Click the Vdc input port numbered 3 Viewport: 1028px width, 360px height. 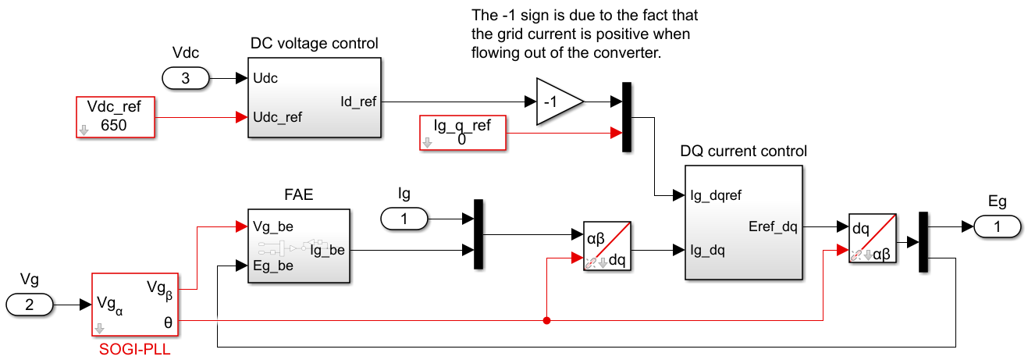tap(185, 78)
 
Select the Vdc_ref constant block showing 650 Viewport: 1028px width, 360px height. tap(116, 118)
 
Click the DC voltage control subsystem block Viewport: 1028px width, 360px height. tap(315, 98)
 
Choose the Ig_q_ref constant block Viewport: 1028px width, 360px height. tap(463, 133)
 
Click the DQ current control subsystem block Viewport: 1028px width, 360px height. tap(742, 223)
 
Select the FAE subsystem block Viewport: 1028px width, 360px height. tap(298, 245)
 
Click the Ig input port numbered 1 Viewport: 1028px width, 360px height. tap(404, 219)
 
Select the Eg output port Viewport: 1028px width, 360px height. tap(997, 226)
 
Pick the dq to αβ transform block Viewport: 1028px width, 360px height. tap(871, 238)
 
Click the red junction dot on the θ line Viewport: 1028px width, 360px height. tap(546, 320)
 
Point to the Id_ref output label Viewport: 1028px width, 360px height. tap(359, 102)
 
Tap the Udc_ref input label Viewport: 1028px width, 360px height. tap(278, 117)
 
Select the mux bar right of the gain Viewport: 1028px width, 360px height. tap(626, 117)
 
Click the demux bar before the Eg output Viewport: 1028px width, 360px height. tap(923, 242)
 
